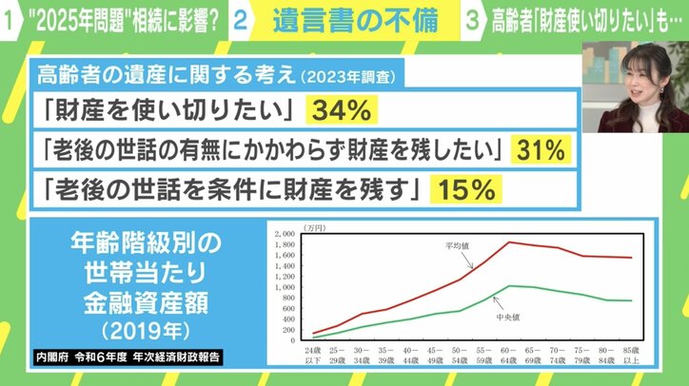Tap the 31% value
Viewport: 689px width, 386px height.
pos(541,150)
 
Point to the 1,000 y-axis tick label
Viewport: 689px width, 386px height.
pos(285,286)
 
